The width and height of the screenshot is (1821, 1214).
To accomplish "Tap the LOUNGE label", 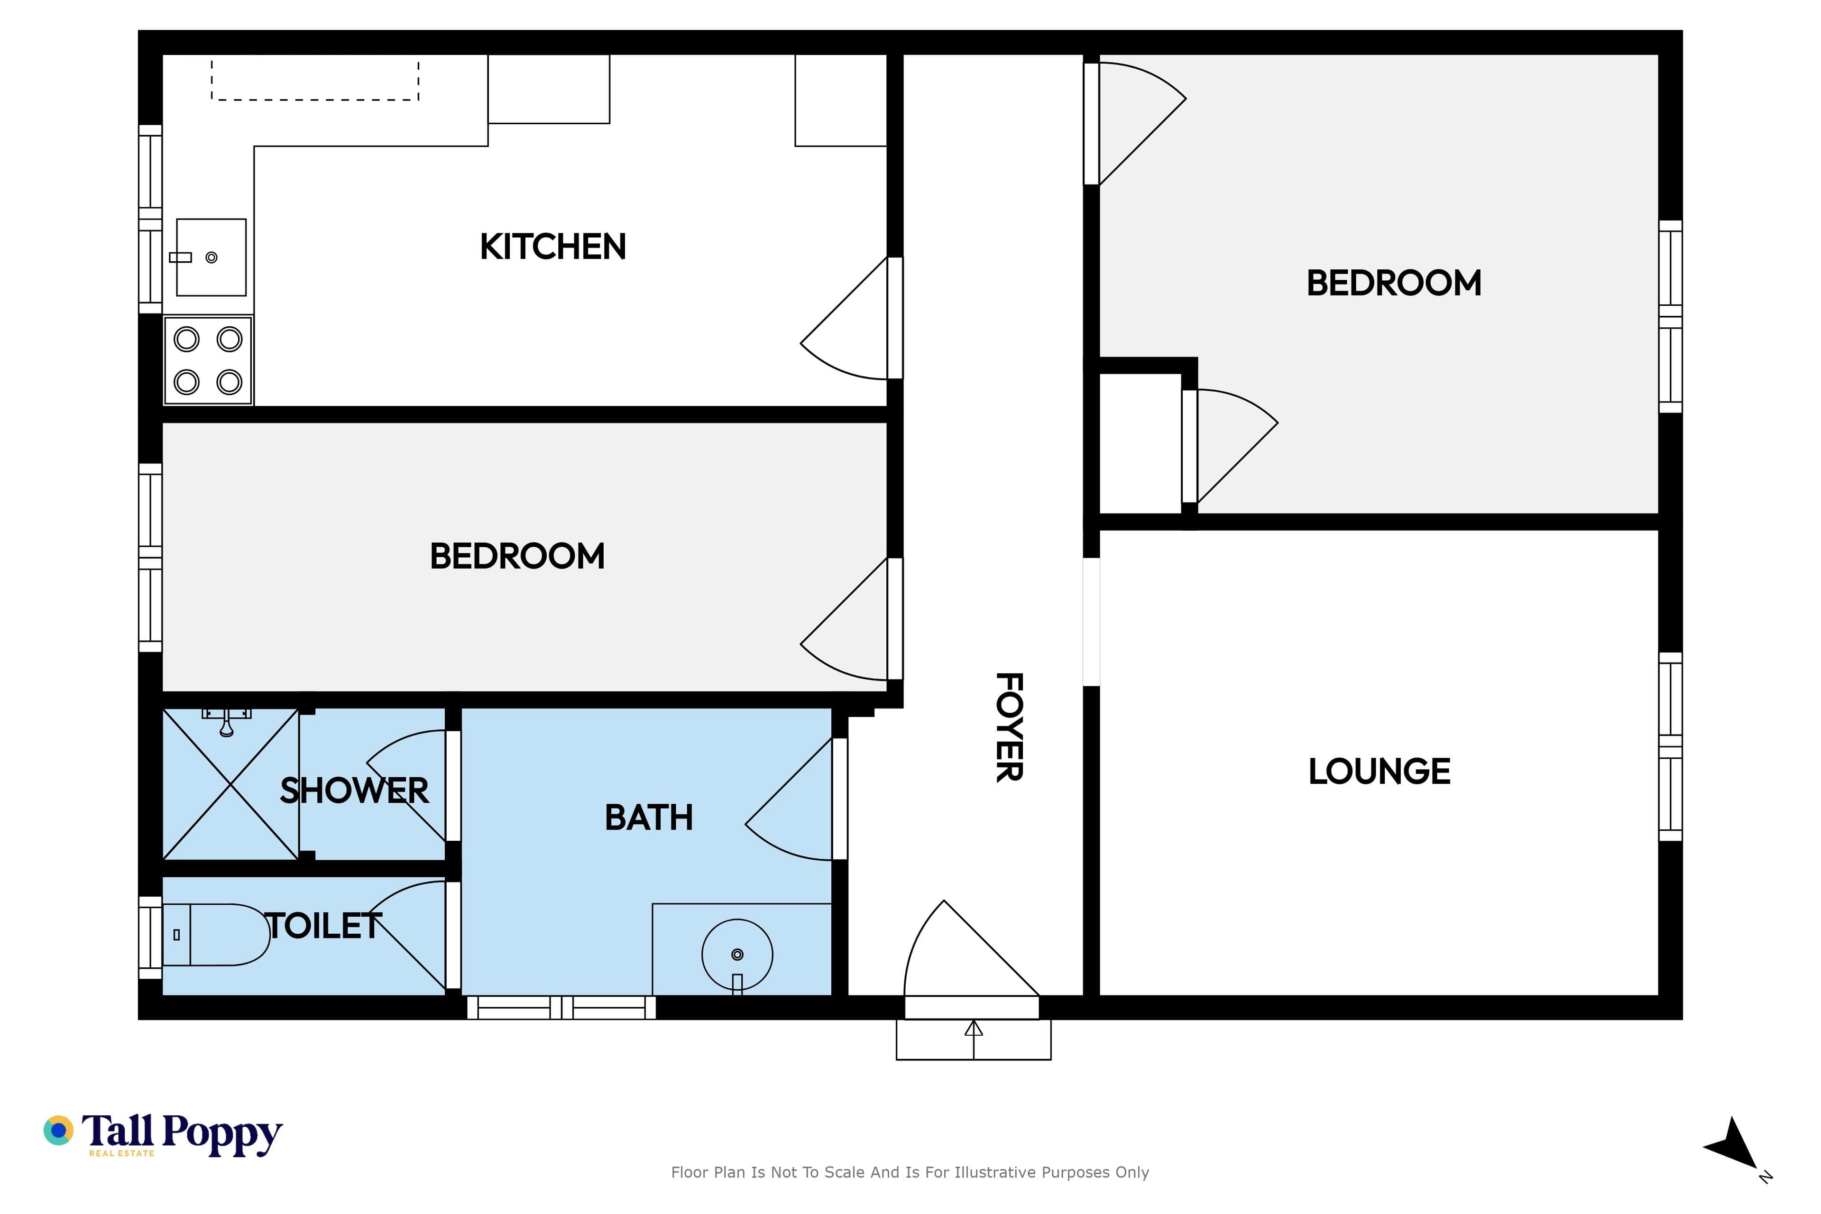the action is point(1379,771).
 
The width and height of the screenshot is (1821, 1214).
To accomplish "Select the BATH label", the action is point(649,818).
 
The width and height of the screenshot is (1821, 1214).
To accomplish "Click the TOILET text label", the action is point(323,926).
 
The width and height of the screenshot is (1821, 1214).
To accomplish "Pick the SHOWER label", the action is point(354,791).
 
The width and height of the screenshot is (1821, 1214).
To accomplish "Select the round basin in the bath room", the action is point(737,955).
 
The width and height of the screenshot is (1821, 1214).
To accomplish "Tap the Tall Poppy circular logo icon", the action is point(58,1131).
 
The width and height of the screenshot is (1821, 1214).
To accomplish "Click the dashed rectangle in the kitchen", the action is point(315,81).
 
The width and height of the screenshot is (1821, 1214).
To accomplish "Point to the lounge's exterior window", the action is point(1670,746).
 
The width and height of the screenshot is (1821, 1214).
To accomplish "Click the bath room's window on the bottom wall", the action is point(561,1007).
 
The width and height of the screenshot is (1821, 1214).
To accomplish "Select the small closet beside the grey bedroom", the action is point(1140,443).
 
